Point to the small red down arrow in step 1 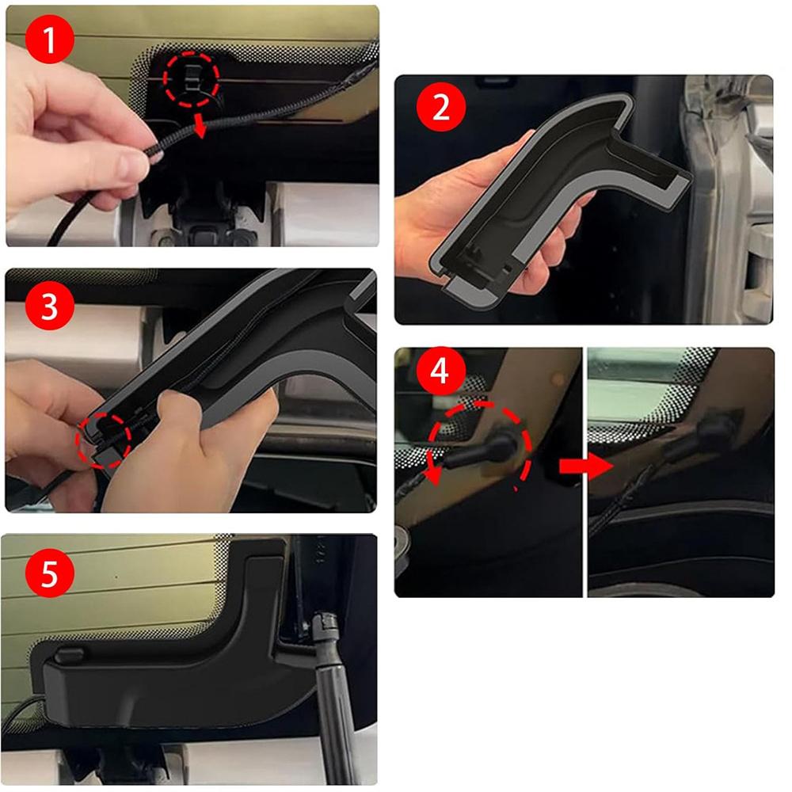coord(204,128)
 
